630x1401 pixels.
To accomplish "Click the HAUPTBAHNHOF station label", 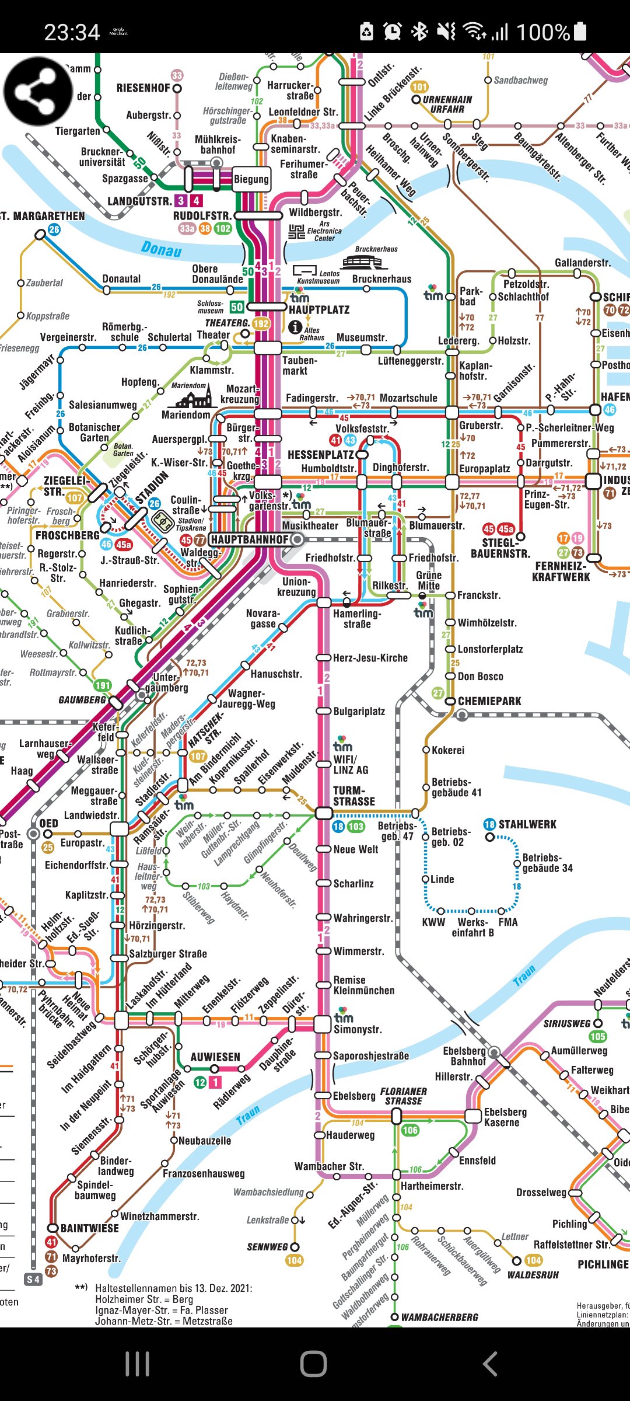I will [x=250, y=539].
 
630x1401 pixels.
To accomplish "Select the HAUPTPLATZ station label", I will [x=319, y=310].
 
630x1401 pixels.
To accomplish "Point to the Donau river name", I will [x=161, y=249].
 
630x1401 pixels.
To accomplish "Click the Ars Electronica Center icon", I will [x=297, y=232].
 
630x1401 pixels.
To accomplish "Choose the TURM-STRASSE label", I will [x=353, y=796].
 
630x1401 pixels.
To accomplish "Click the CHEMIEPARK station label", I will [x=489, y=701].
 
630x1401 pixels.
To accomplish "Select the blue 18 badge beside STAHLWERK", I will [x=489, y=824].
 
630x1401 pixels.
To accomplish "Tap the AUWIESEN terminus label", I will [x=215, y=1057].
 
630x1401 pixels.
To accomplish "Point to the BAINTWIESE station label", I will [x=89, y=1228].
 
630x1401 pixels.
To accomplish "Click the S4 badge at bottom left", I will [x=33, y=1280].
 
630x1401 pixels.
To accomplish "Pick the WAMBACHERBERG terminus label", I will [x=439, y=1317].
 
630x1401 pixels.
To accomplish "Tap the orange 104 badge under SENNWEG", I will [x=294, y=1260].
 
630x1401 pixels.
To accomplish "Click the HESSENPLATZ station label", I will [x=320, y=455].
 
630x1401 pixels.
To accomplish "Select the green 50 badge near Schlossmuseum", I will [x=236, y=307].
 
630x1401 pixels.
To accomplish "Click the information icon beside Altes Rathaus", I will [x=296, y=327].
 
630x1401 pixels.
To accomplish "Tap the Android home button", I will [x=314, y=1364].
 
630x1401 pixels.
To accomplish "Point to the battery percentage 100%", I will [x=542, y=32].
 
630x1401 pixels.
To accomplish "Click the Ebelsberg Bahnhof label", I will [x=464, y=1056].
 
